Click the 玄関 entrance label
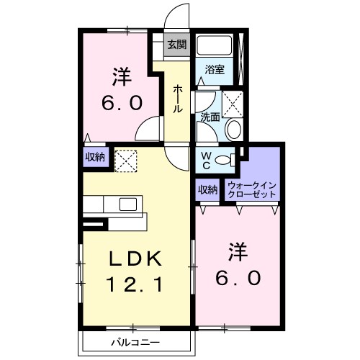177,45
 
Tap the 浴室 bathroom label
215,70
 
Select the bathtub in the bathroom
214,45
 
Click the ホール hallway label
177,99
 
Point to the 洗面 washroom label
210,117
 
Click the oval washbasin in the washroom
233,130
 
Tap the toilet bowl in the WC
222,160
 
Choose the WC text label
206,161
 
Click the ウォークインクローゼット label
252,189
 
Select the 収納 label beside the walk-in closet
207,190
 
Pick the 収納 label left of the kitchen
95,157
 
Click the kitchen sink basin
128,204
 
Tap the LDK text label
135,258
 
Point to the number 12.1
135,284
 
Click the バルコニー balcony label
135,342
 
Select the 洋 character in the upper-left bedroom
122,77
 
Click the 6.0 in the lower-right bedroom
238,278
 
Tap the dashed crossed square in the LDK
126,161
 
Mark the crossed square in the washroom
233,104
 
